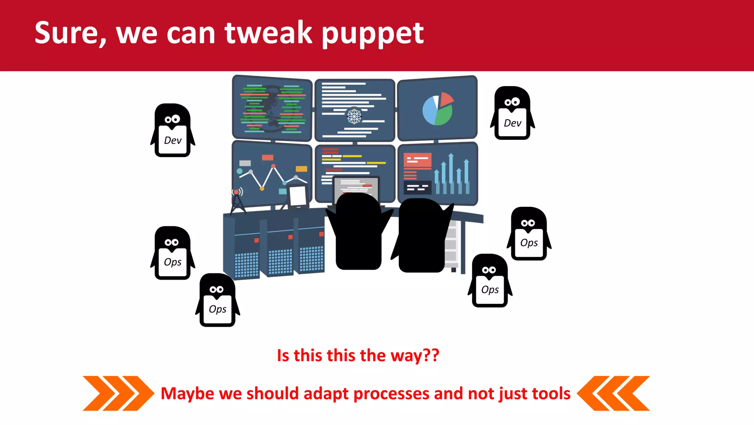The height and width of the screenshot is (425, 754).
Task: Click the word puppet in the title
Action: (373, 34)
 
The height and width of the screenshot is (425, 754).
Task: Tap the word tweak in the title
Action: (268, 33)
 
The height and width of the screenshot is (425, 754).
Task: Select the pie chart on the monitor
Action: (437, 109)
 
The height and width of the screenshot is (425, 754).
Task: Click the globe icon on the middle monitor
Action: (354, 116)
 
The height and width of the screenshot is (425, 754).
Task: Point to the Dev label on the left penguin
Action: (173, 141)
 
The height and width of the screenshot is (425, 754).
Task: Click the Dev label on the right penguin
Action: (512, 123)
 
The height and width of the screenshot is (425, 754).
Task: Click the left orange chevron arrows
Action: (118, 393)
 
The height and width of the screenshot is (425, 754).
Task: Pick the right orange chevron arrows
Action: (613, 393)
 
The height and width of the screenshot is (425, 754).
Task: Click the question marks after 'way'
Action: (431, 355)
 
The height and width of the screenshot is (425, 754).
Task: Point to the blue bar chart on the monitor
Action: (451, 175)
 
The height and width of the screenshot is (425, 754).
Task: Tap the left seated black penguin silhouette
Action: (358, 232)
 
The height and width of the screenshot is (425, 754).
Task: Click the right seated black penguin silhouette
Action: (422, 235)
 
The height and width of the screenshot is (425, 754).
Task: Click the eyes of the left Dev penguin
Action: (172, 119)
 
